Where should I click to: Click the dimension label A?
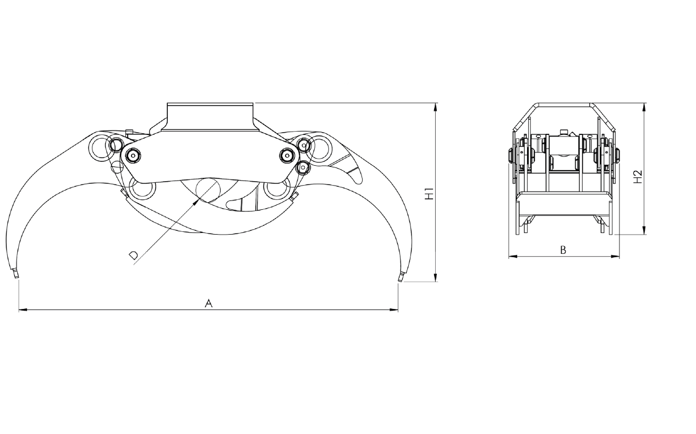click(x=209, y=303)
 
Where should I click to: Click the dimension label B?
click(x=563, y=250)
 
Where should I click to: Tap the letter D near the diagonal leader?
click(x=134, y=255)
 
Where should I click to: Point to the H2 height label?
click(x=638, y=176)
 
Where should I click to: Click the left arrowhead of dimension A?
click(x=23, y=310)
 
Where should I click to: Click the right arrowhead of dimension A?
click(x=394, y=310)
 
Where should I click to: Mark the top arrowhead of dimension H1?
click(x=435, y=107)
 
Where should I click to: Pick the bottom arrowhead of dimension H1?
click(x=435, y=277)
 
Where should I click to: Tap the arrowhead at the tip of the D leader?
click(x=196, y=203)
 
